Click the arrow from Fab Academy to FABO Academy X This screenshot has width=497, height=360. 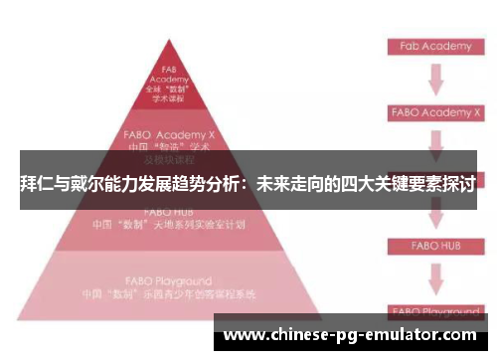coord(434,79)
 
